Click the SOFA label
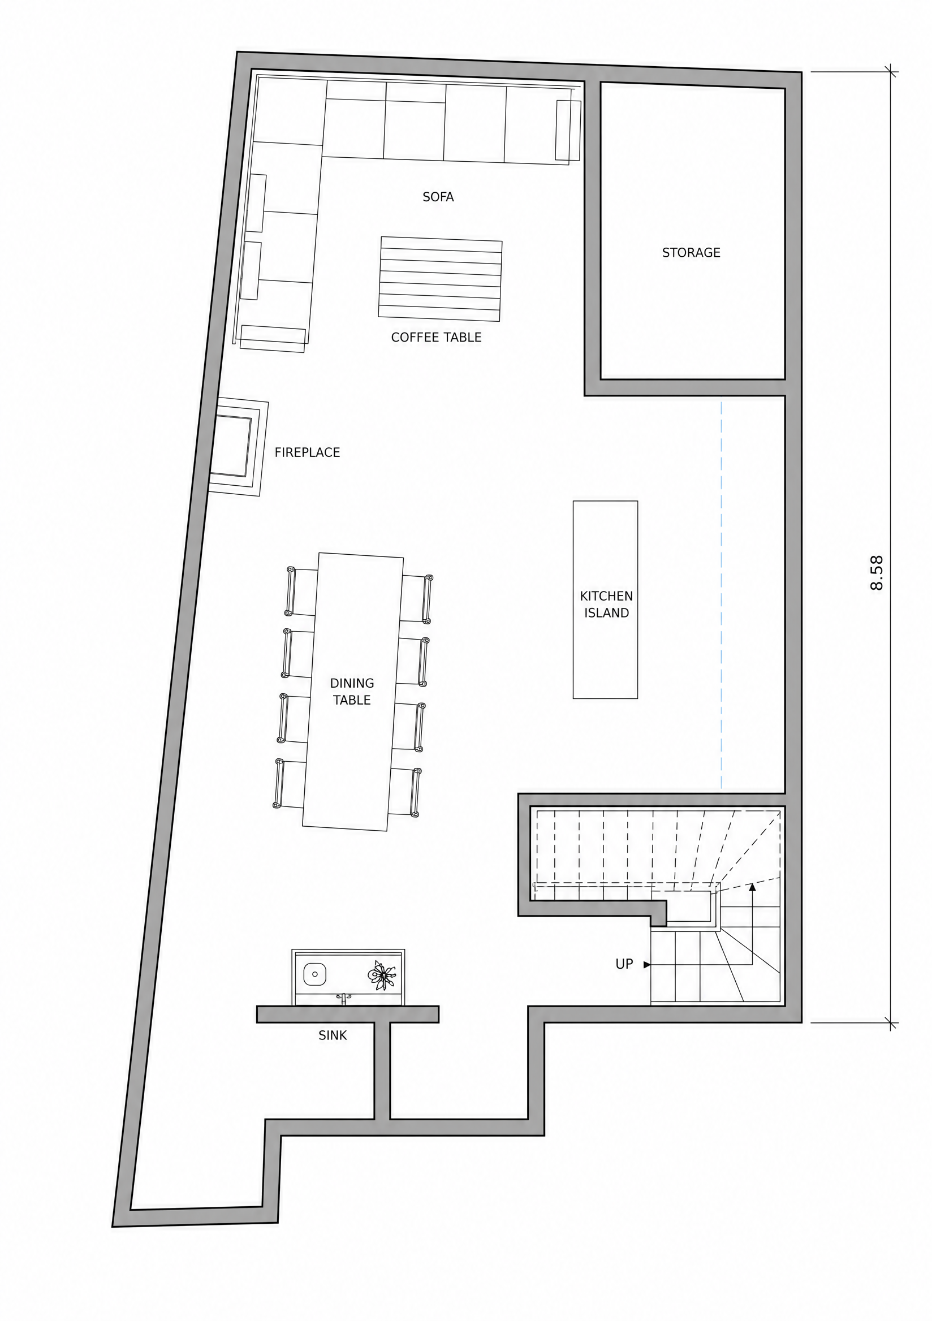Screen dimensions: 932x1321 [x=438, y=197]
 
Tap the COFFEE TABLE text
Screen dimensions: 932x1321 [x=436, y=337]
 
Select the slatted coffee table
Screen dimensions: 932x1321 [x=440, y=278]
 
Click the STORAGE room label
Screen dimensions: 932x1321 [x=691, y=253]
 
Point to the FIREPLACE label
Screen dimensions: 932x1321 [x=307, y=452]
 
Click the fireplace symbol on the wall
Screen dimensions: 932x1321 [x=238, y=447]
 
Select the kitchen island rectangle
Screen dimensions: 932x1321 [x=605, y=599]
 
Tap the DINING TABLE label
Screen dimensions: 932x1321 [x=352, y=692]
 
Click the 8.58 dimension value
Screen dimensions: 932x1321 [x=876, y=572]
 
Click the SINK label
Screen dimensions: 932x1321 [x=333, y=1035]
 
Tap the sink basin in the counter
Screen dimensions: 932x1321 [x=314, y=974]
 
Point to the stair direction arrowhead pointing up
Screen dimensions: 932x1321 [x=752, y=887]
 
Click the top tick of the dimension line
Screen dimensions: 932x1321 [x=891, y=72]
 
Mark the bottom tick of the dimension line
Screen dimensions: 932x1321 [x=891, y=1022]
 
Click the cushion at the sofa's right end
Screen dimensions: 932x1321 [x=568, y=131]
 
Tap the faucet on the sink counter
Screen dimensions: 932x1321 [x=344, y=998]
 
